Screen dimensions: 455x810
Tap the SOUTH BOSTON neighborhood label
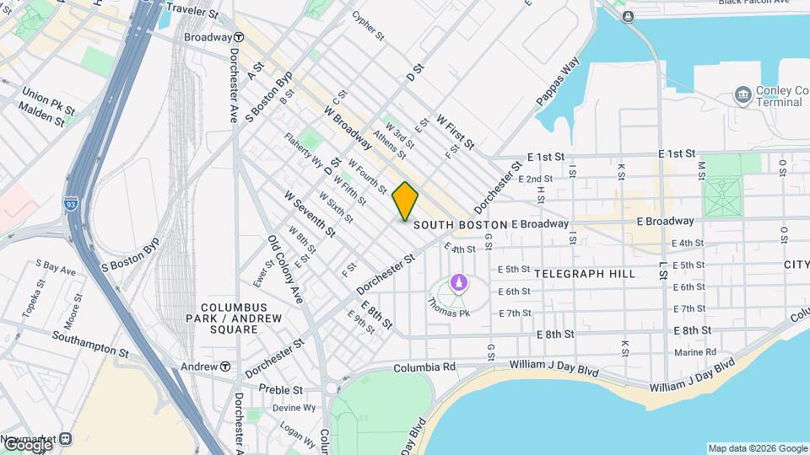coord(460,225)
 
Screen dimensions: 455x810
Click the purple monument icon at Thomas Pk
coord(458,282)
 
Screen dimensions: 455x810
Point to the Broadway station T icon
coord(240,38)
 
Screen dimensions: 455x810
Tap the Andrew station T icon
coord(226,367)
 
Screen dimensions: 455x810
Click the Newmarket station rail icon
coord(66,439)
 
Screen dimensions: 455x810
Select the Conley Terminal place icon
coord(743,93)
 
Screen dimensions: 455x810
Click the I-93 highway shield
coord(76,203)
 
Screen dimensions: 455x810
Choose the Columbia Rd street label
coord(424,367)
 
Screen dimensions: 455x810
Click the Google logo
coord(27,445)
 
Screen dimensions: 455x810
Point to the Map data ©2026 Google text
coord(757,448)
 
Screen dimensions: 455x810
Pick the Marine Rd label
coord(695,351)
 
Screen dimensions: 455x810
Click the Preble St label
coord(281,390)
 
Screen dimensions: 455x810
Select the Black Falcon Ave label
coord(757,3)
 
